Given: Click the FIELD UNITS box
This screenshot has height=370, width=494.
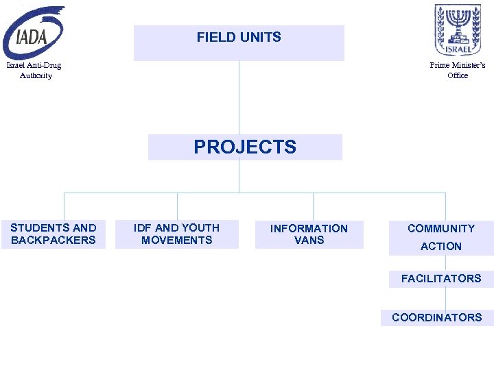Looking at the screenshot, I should tap(239, 43).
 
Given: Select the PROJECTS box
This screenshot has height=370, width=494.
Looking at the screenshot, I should tap(245, 147).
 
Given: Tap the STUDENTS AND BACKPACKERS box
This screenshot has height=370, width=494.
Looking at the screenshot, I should tap(54, 234).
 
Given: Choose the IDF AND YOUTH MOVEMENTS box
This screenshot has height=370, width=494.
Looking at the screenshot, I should tap(177, 234).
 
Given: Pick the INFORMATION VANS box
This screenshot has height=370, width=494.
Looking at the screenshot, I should tap(309, 234).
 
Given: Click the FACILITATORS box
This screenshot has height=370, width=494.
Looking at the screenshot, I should tap(441, 278).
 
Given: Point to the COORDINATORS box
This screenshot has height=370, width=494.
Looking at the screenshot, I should tap(437, 317).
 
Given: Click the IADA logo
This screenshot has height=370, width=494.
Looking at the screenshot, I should tap(34, 32).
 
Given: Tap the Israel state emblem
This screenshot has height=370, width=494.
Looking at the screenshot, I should tap(453, 29).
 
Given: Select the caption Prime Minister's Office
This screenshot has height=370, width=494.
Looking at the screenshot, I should tap(458, 71).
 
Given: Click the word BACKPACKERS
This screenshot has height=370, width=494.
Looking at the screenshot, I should tap(54, 241).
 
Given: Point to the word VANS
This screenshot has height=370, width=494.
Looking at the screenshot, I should tap(309, 241).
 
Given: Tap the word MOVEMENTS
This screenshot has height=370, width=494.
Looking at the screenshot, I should tap(177, 241).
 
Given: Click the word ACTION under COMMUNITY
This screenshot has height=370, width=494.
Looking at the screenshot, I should tap(441, 247).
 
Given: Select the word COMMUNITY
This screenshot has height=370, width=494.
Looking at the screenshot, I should tap(441, 229).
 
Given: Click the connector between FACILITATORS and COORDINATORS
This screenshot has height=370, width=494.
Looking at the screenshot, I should tap(445, 298).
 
